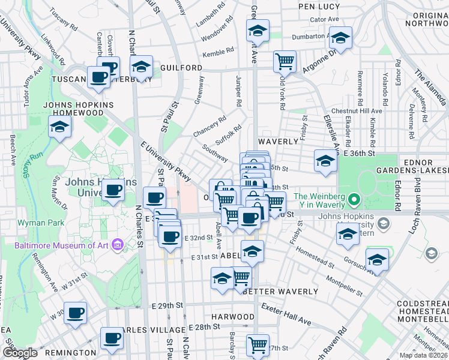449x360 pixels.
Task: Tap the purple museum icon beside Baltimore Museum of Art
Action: (118, 245)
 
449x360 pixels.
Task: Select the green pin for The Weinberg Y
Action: (354, 197)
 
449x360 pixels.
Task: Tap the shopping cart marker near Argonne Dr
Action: (284, 61)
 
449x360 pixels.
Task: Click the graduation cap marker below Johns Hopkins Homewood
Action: (60, 127)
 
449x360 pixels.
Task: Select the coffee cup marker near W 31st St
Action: (76, 313)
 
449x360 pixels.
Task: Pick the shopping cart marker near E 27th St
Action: (258, 345)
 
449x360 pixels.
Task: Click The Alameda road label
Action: (430, 86)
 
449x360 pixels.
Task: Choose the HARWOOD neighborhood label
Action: (233, 316)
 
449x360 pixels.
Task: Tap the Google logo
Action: (20, 353)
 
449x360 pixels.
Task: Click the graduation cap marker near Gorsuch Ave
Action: (377, 260)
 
